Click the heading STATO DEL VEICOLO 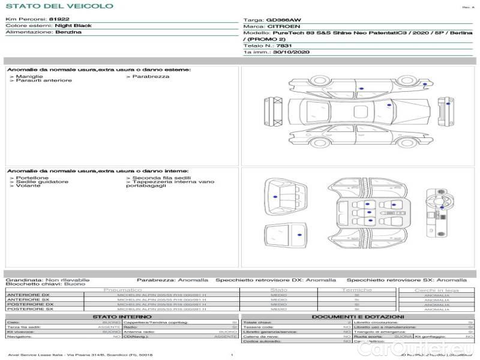pyautogui.click(x=59, y=6)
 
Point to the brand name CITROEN pyautogui.click(x=280, y=27)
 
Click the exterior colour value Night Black pyautogui.click(x=73, y=26)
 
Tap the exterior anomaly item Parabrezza pyautogui.click(x=151, y=76)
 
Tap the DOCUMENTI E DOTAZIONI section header pyautogui.click(x=358, y=317)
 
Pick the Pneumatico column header pyautogui.click(x=139, y=290)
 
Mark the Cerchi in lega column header pyautogui.click(x=436, y=290)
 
